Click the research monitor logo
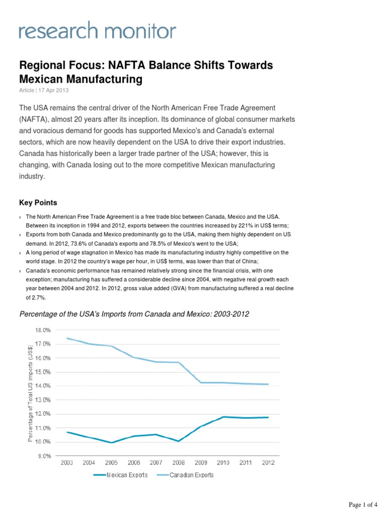[98, 31]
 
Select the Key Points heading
[38, 202]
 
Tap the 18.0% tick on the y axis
[43, 330]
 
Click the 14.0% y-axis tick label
[43, 386]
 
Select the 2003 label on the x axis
[67, 463]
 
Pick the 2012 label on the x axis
[268, 463]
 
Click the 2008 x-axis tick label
[178, 463]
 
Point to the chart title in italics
[134, 314]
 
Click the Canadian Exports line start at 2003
[67, 338]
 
